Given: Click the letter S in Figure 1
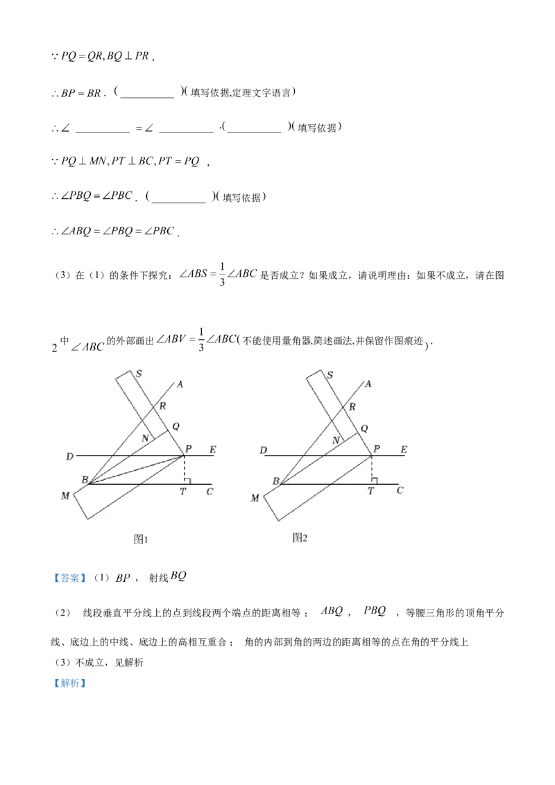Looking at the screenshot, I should coord(139,374).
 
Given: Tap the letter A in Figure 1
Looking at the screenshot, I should coord(180,384).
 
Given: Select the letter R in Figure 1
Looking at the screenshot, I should coord(163,407).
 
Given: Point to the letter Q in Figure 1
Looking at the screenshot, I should coord(175,426).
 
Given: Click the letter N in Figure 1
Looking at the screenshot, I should coord(145,438).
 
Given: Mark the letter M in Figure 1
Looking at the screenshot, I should coord(65,496).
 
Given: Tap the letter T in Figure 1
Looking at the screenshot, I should coord(184,492).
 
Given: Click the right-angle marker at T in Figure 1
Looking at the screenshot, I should coord(187,481).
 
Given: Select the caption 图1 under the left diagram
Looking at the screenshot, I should coord(142,539).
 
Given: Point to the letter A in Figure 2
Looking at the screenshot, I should coord(368,384).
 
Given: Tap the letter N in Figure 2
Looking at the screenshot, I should coord(336,440).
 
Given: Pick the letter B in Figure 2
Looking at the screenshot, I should coord(275,481).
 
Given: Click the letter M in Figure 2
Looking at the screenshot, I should coord(255,497).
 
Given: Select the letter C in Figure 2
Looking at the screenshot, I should coord(400,490).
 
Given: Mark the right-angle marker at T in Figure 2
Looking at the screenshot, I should coord(374,481).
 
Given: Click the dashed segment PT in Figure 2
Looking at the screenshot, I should coord(370,469).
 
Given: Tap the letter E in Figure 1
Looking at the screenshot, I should coord(212,450).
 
